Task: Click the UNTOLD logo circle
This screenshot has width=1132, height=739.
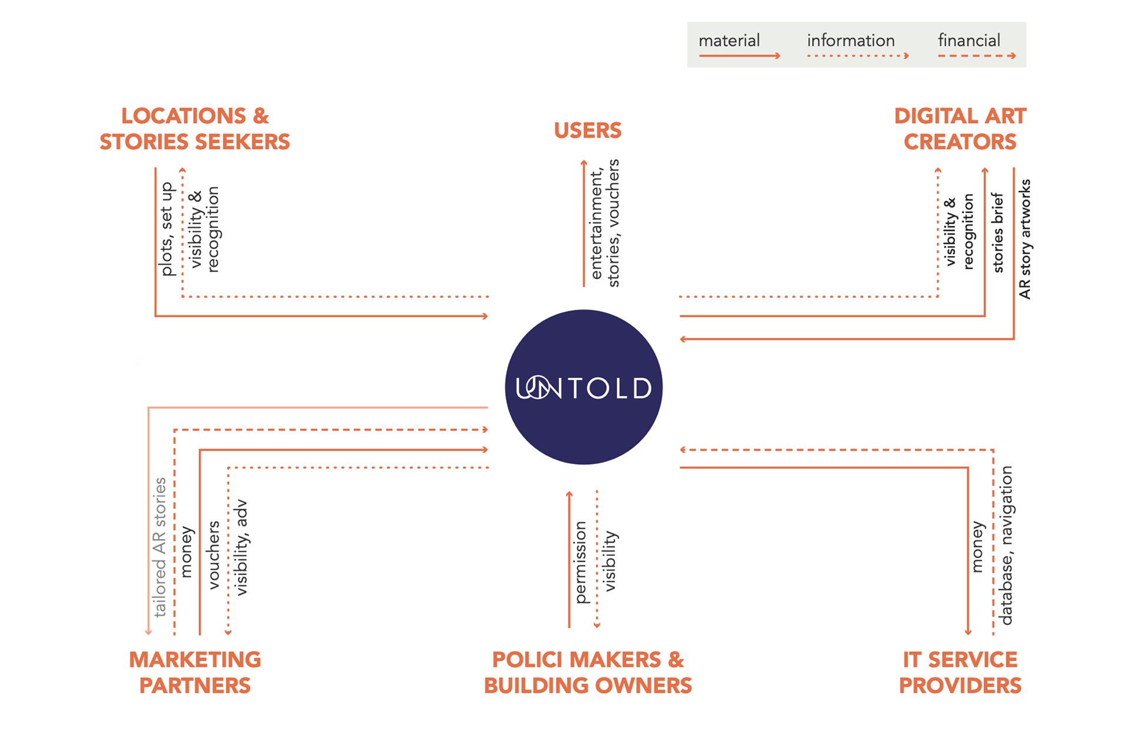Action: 584,387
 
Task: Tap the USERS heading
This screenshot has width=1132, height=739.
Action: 588,130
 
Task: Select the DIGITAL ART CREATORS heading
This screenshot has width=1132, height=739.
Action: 960,129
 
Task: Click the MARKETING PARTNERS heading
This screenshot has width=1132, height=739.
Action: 195,672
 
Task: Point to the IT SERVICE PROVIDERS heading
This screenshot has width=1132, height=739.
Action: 960,672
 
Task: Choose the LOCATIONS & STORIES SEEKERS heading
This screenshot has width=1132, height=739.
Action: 195,129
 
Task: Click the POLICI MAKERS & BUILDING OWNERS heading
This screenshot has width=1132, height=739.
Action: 588,672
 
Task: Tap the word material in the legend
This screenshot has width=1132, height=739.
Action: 729,41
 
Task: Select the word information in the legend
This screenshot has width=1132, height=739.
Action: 851,41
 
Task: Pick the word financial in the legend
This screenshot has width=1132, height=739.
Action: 969,41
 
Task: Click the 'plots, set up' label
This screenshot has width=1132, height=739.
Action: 167,229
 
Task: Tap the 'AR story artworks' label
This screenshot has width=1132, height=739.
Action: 1025,239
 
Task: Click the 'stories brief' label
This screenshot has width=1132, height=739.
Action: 998,233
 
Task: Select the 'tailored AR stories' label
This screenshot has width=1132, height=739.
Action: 160,547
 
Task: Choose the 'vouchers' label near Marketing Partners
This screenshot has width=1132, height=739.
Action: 213,554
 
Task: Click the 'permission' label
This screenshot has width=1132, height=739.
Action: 581,562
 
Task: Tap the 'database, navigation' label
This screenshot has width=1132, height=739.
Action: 1006,546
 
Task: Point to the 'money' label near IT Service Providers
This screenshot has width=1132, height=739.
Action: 978,547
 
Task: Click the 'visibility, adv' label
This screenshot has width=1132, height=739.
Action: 241,547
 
